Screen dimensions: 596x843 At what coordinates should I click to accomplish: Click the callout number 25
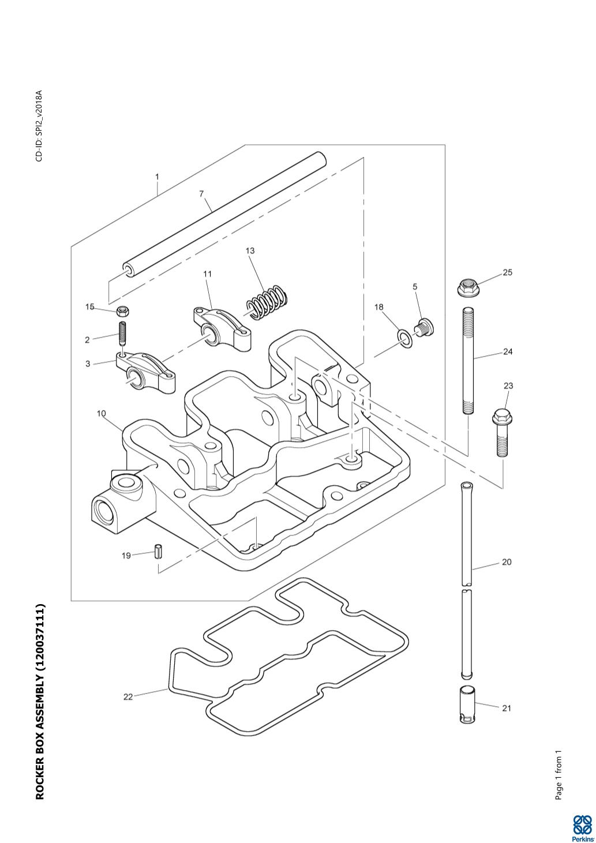pos(507,272)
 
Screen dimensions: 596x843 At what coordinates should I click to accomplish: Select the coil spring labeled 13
pos(267,302)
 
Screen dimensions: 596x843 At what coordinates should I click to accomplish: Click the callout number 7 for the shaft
pos(202,194)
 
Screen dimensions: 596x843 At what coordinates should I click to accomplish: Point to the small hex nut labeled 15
pos(122,311)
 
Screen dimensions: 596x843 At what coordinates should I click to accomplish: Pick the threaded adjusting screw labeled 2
pos(122,333)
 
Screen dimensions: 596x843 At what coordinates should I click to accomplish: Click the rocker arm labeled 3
pos(145,372)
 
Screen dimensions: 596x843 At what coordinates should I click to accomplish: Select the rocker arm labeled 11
pos(222,328)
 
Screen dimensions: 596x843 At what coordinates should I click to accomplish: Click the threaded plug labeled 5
pos(425,327)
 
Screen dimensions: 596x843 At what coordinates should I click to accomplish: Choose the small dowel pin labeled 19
pos(159,552)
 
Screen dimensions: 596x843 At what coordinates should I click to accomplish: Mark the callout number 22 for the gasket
pos(128,697)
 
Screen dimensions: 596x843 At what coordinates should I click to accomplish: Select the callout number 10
pos(101,414)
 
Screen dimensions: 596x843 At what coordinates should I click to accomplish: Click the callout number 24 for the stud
pos(508,351)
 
